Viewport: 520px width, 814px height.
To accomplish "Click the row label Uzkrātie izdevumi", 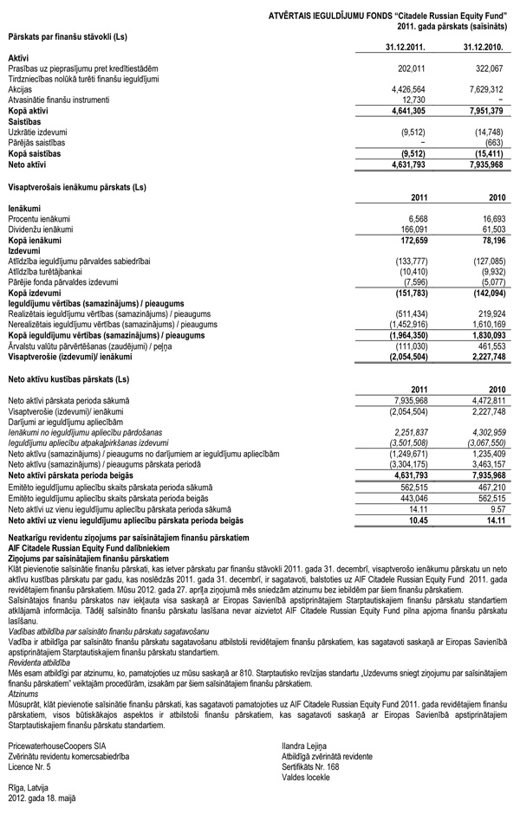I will pyautogui.click(x=39, y=132).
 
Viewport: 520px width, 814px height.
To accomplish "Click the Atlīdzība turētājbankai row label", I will pyautogui.click(x=52, y=272).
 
